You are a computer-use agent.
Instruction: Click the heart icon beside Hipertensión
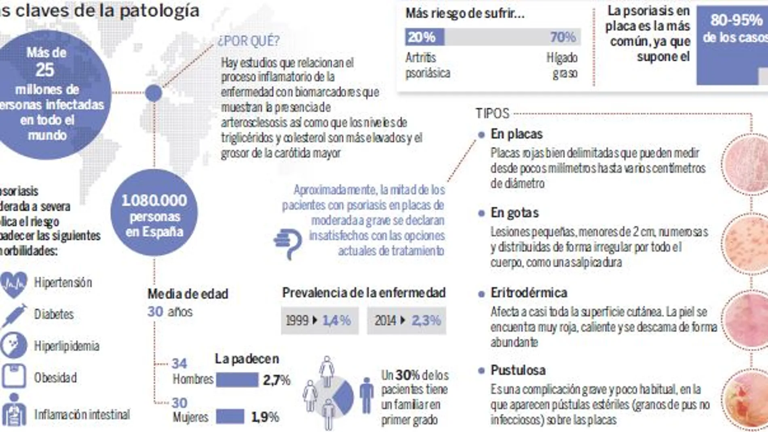tap(14, 284)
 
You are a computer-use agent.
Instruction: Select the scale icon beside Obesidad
tap(14, 377)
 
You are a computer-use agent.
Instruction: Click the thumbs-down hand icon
tap(288, 243)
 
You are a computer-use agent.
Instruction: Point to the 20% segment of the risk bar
tap(424, 37)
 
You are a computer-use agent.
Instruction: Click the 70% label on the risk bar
tap(562, 37)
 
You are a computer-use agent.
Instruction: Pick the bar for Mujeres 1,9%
tap(230, 417)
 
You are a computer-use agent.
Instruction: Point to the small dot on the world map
tap(154, 93)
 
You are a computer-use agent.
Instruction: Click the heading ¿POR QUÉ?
tap(249, 41)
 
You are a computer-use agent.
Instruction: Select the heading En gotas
tap(514, 213)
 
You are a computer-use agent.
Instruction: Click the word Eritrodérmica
tap(528, 293)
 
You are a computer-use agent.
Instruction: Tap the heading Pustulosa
tap(518, 370)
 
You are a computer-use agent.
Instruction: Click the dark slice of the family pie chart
tap(344, 398)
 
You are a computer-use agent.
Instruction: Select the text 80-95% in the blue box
tap(736, 20)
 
